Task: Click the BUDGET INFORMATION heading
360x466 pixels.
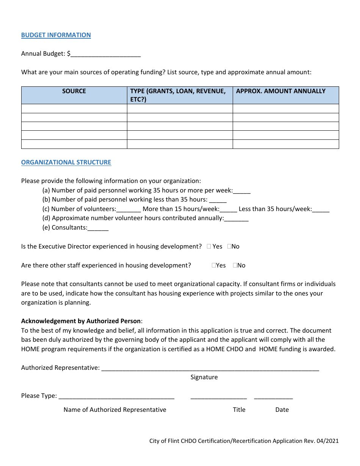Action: (56, 35)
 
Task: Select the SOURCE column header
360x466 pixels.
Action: (74, 91)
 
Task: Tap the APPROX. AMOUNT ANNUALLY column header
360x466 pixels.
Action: (280, 91)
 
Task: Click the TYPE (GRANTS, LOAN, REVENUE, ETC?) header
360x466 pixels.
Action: (178, 95)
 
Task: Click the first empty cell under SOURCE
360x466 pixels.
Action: (74, 108)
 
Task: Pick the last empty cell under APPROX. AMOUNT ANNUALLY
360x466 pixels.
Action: (285, 144)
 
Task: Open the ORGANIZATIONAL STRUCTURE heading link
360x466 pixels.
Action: (66, 162)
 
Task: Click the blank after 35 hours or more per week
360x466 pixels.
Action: (242, 191)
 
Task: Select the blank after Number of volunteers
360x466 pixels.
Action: (129, 209)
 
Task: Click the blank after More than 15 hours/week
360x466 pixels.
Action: (229, 209)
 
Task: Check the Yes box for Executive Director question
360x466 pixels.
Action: (209, 247)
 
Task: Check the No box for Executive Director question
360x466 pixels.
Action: (229, 247)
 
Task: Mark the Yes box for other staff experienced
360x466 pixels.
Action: (214, 266)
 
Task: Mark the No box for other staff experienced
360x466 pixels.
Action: (235, 266)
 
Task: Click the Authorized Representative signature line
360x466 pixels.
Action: (210, 368)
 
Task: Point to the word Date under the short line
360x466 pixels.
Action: (282, 410)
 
